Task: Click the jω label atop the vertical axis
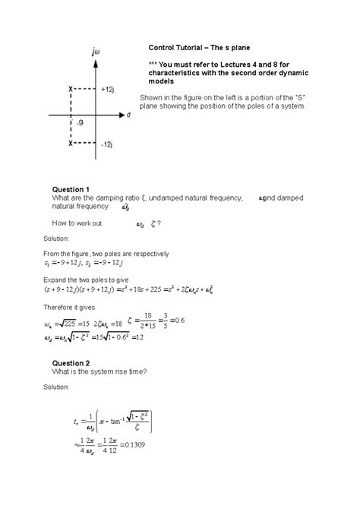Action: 95,52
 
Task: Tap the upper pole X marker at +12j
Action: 71,90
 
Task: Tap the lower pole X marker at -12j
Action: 71,142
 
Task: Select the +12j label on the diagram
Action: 107,90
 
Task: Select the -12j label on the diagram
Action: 107,143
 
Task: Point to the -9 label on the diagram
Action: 80,122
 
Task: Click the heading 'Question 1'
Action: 70,189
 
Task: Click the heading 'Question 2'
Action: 70,362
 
